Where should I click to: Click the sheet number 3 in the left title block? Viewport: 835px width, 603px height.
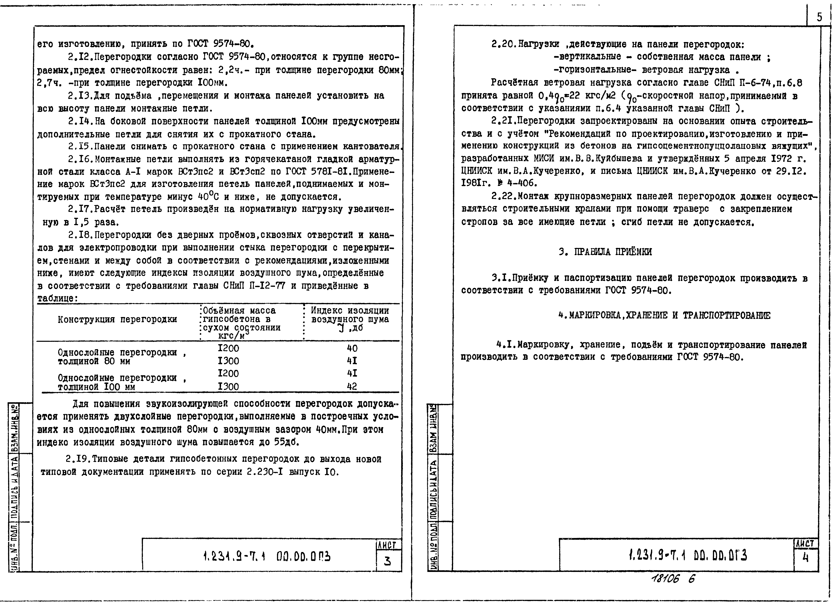[387, 561]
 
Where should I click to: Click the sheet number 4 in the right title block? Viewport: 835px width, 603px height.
[806, 558]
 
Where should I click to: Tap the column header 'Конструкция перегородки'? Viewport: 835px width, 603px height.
[117, 319]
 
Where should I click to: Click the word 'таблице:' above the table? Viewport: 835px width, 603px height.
[57, 299]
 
